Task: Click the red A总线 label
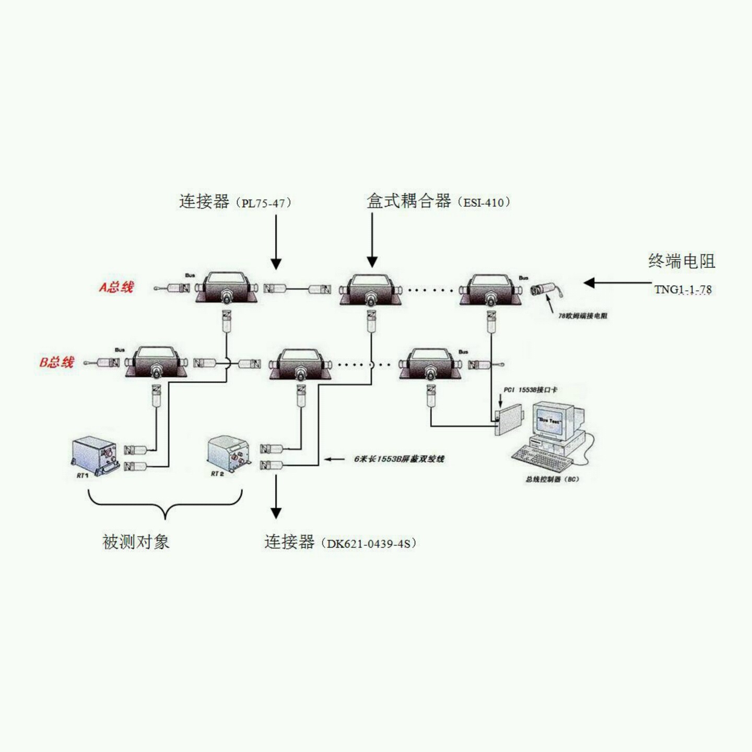tap(117, 287)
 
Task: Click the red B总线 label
tap(57, 362)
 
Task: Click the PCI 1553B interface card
tap(510, 421)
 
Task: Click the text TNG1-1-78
tap(683, 289)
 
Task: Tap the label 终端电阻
tap(681, 261)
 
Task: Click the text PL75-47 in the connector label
tap(263, 203)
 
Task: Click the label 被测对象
tap(136, 542)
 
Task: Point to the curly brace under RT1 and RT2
tap(165, 504)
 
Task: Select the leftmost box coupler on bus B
tap(155, 362)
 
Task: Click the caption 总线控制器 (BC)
tap(552, 479)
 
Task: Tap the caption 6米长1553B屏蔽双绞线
tap(399, 459)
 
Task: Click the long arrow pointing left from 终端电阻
tap(616, 283)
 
